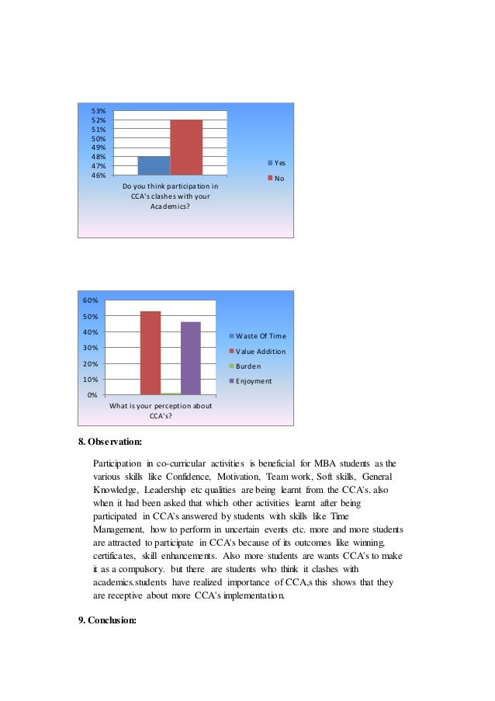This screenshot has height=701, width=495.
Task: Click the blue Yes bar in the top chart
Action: [154, 165]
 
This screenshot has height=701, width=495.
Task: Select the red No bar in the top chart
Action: [186, 147]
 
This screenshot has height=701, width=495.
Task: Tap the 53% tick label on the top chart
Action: [99, 111]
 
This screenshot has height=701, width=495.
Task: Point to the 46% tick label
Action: [99, 175]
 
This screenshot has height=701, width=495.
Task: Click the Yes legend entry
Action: [276, 163]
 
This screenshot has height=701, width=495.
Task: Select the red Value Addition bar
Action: [151, 353]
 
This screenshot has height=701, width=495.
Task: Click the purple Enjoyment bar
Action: [190, 358]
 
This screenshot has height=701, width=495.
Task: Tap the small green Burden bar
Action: [171, 394]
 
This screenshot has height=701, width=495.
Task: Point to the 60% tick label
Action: [92, 300]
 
